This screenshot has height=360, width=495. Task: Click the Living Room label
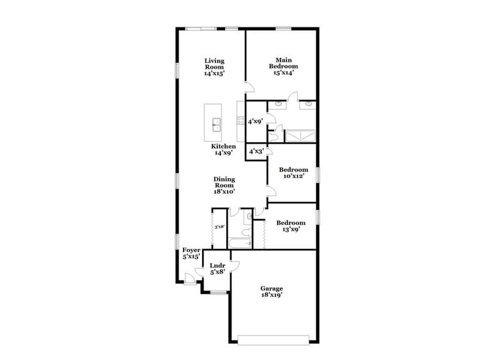(x=214, y=67)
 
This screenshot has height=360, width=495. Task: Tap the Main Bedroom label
(x=284, y=66)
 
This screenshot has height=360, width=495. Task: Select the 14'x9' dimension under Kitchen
(x=223, y=153)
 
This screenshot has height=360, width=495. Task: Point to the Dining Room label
(x=224, y=185)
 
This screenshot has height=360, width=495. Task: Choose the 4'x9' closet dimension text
(x=255, y=121)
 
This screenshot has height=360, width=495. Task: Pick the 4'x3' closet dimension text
(x=255, y=151)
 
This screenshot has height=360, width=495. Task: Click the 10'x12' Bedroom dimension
(x=292, y=176)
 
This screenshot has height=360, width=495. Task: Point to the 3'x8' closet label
(x=219, y=227)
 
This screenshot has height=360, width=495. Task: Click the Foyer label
(x=192, y=253)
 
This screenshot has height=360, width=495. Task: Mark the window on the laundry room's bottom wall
(x=217, y=292)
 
